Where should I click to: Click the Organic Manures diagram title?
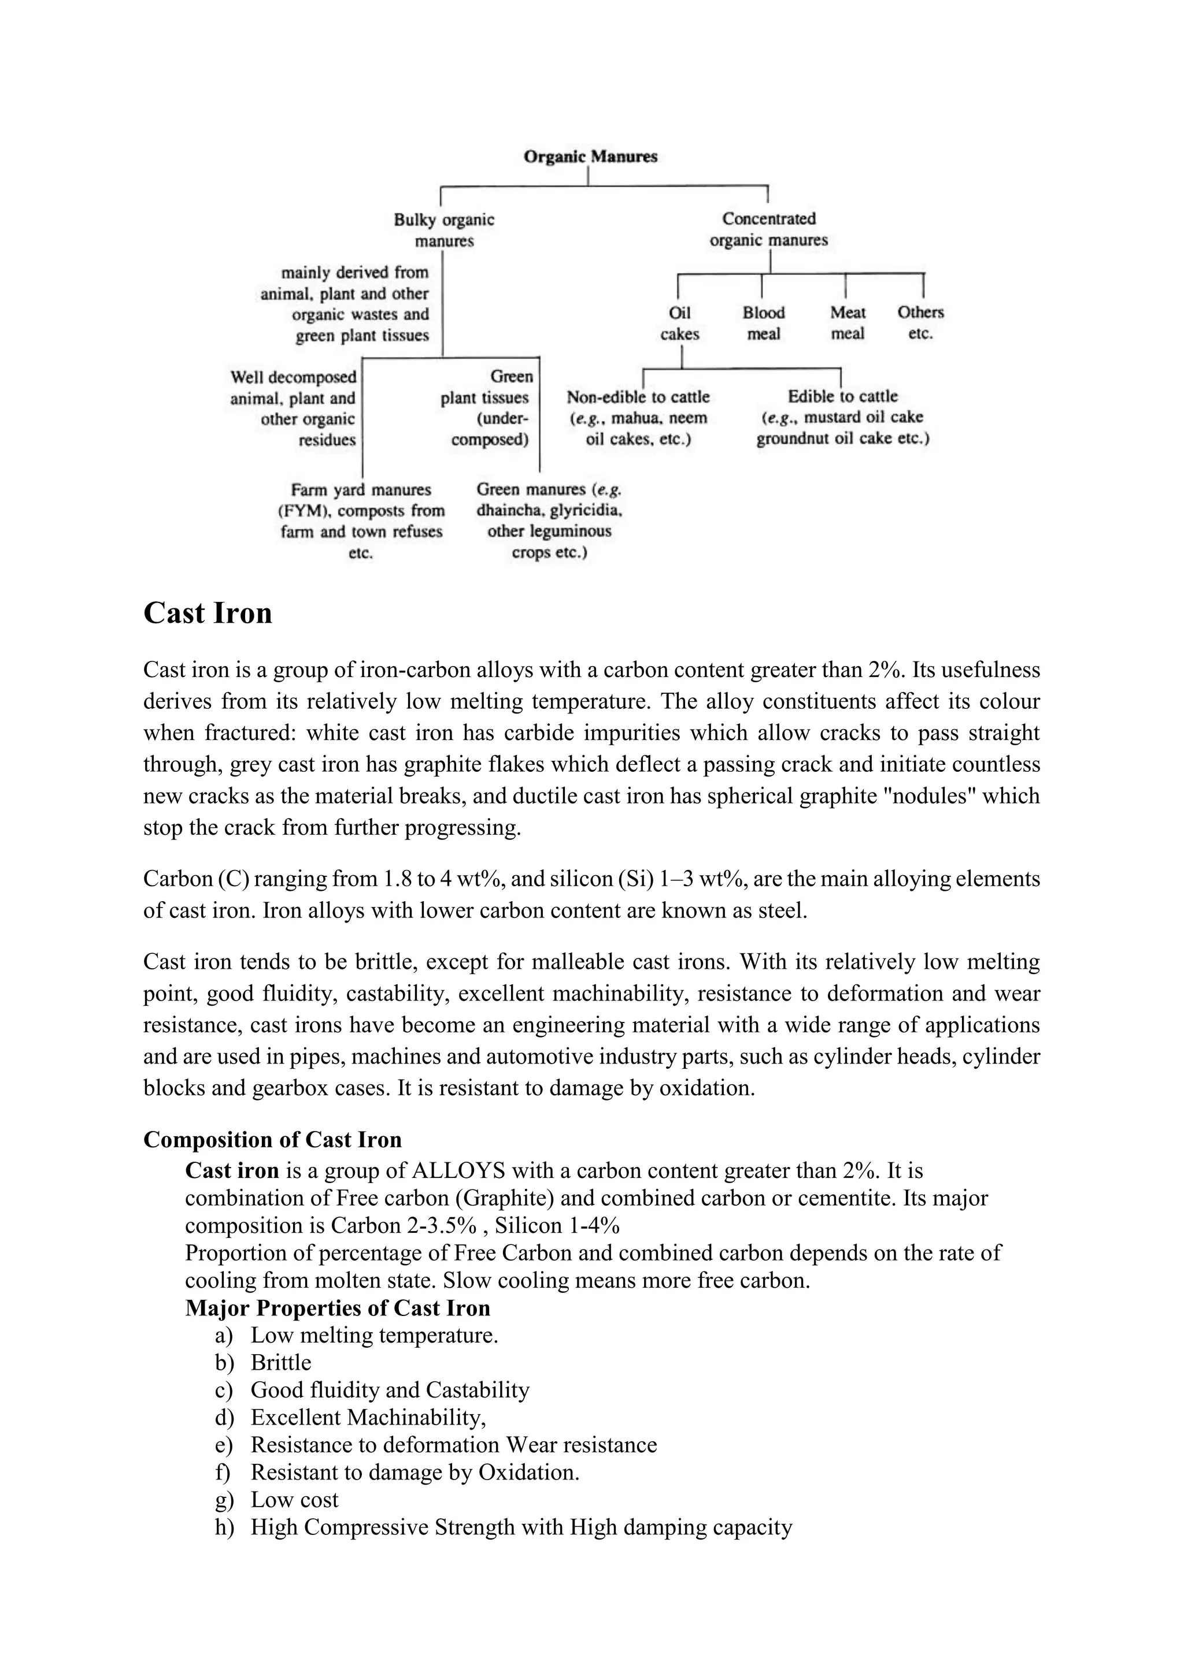(x=590, y=156)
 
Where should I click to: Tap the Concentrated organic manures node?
(x=768, y=229)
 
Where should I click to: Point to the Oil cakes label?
(x=679, y=323)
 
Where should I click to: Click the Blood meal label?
(x=763, y=323)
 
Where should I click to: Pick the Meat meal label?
(x=847, y=323)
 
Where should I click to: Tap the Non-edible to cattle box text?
(x=638, y=418)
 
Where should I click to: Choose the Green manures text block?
(x=550, y=521)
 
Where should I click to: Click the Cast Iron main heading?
(x=208, y=613)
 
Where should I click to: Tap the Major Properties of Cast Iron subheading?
(x=338, y=1307)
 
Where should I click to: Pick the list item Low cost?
(x=294, y=1499)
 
